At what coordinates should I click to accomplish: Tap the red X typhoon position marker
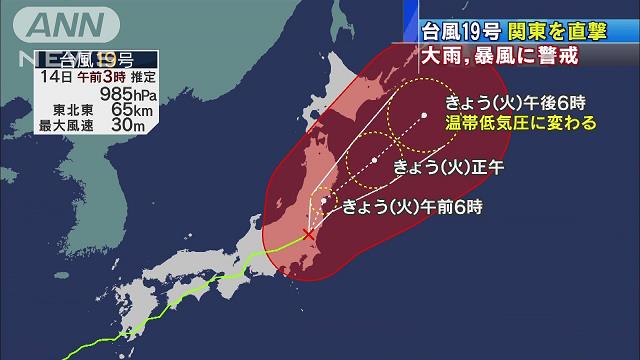tap(308, 233)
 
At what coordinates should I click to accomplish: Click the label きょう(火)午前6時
tap(412, 208)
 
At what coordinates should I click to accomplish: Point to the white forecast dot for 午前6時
tap(324, 202)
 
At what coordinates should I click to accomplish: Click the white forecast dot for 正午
tap(373, 159)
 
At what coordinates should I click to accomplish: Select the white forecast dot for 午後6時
tap(424, 115)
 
